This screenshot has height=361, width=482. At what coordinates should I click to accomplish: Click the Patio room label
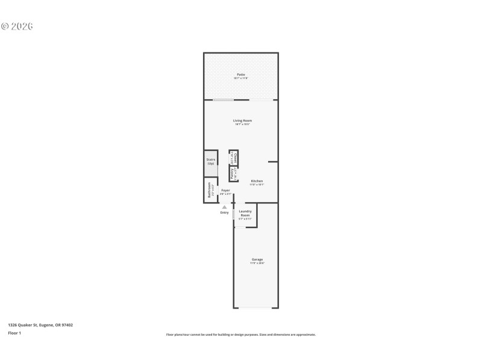[240, 75]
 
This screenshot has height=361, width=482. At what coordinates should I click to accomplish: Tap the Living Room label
[242, 120]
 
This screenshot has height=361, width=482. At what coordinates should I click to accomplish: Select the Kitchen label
[257, 180]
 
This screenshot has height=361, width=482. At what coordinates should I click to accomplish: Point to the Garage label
[257, 259]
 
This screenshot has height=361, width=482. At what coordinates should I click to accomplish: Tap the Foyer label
[225, 190]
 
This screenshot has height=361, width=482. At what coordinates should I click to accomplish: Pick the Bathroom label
[209, 190]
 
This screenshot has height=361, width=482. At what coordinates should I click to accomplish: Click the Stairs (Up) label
[211, 161]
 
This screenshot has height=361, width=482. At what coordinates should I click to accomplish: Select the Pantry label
[232, 174]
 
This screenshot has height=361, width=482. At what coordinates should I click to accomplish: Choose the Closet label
[235, 158]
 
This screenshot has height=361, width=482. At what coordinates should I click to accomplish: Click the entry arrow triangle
[225, 207]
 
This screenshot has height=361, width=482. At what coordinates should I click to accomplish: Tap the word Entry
[225, 212]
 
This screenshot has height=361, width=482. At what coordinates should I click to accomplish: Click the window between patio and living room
[223, 100]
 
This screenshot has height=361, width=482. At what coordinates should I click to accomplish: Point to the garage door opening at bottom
[256, 308]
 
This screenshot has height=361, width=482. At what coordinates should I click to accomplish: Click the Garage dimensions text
[257, 264]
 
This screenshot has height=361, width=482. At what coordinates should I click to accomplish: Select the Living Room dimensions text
[242, 125]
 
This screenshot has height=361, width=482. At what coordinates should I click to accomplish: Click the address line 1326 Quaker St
[40, 325]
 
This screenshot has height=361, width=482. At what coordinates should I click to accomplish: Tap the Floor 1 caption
[14, 333]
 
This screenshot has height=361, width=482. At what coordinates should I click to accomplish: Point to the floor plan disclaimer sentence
[240, 335]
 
